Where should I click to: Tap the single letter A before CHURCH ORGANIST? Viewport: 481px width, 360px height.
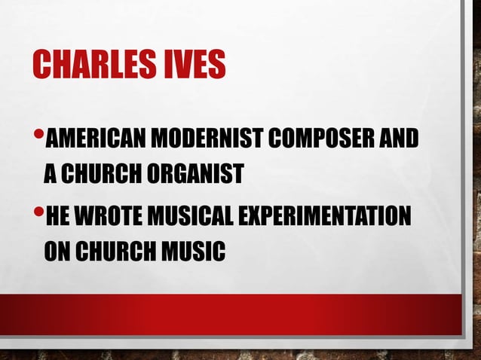tap(50, 174)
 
